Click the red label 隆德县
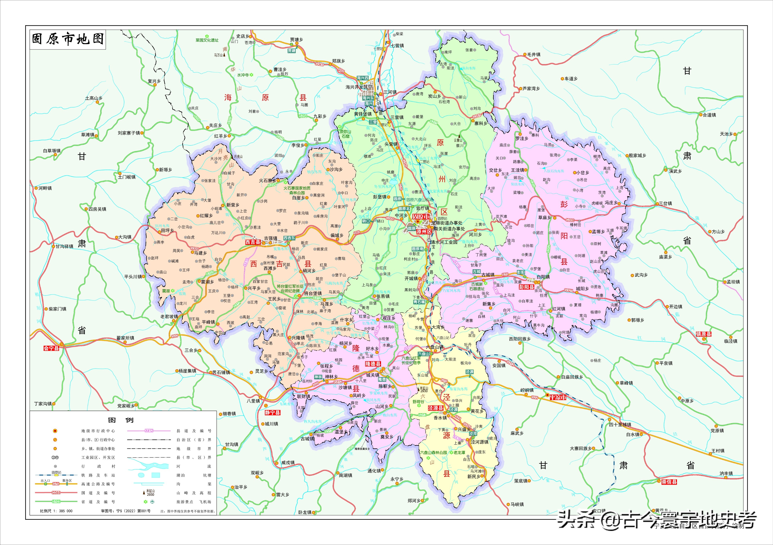[373, 364]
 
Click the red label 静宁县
[272, 413]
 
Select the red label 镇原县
[704, 334]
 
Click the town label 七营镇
[397, 46]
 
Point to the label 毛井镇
[534, 55]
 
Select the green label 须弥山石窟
[346, 134]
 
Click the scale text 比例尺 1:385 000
[56, 511]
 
